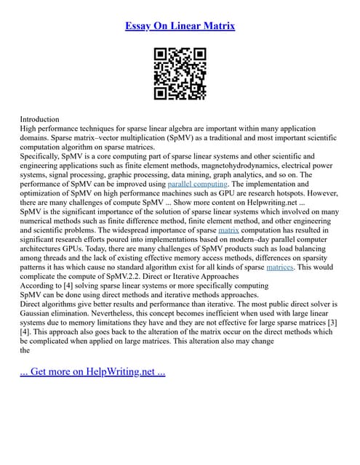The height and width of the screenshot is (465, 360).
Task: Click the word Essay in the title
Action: coord(138,26)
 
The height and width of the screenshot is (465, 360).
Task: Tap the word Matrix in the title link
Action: coord(217,26)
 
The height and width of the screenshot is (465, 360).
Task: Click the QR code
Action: coord(180,73)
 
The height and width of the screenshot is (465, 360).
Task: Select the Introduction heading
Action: coord(40,118)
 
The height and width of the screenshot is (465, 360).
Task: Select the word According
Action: coord(38,286)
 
